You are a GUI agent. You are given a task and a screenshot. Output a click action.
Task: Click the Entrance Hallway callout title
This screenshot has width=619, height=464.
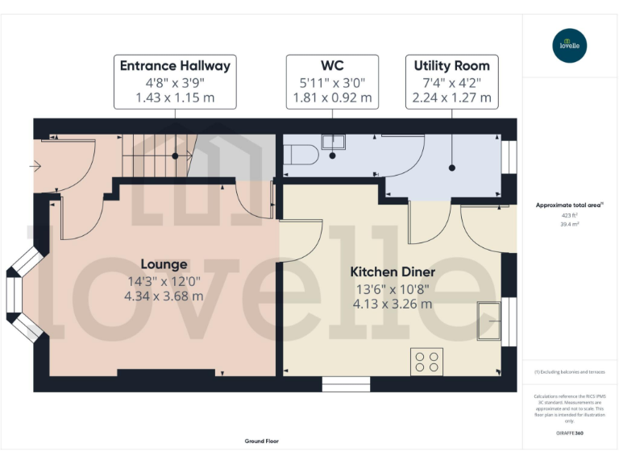click(x=175, y=66)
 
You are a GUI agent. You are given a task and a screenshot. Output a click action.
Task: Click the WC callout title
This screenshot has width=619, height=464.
click(x=332, y=65)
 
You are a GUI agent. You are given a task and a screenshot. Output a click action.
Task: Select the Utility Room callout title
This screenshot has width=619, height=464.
click(x=451, y=66)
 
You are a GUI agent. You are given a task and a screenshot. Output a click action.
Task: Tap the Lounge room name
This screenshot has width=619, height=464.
click(x=164, y=264)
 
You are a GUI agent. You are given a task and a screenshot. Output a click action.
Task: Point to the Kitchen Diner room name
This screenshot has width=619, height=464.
click(x=393, y=272)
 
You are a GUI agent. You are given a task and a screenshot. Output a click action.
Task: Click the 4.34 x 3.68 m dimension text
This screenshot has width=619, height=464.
click(x=164, y=296)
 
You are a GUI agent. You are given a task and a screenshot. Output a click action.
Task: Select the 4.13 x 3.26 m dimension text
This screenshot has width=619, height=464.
click(x=393, y=304)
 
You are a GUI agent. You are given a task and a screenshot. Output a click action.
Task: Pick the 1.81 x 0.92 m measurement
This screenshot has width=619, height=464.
click(x=332, y=97)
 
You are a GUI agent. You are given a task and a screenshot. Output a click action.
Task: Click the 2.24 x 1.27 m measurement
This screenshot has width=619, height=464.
click(x=451, y=97)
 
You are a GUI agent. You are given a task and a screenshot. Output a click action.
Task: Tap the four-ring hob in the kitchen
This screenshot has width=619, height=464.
click(x=426, y=362)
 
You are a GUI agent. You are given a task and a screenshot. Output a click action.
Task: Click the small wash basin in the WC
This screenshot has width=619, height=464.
click(x=333, y=142)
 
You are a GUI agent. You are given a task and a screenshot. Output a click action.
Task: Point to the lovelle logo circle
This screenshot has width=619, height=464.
click(x=570, y=45)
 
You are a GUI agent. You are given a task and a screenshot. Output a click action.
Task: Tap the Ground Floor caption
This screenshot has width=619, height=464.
click(x=261, y=441)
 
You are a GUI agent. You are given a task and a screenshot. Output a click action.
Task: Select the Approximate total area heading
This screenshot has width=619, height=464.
click(x=569, y=205)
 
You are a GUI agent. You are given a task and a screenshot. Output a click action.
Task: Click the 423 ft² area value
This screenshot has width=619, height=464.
click(x=569, y=216)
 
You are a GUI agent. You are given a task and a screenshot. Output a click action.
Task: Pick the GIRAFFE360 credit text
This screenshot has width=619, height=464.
click(x=569, y=433)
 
